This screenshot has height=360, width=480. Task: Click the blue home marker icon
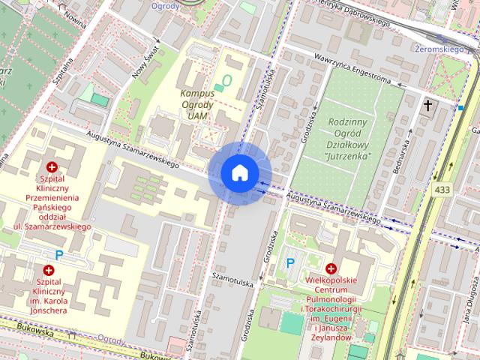click(239, 172)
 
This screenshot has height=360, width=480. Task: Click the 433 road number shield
click(442, 190)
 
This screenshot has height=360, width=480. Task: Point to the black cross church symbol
click(428, 106)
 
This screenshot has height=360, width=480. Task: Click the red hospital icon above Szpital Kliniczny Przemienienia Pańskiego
click(52, 167)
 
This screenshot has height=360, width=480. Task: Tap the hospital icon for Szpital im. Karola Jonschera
click(49, 270)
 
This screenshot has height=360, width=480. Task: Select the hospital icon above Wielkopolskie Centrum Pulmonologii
click(331, 268)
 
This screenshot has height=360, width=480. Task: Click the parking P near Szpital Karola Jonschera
click(59, 255)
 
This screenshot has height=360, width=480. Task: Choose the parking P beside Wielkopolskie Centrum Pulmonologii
click(291, 263)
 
